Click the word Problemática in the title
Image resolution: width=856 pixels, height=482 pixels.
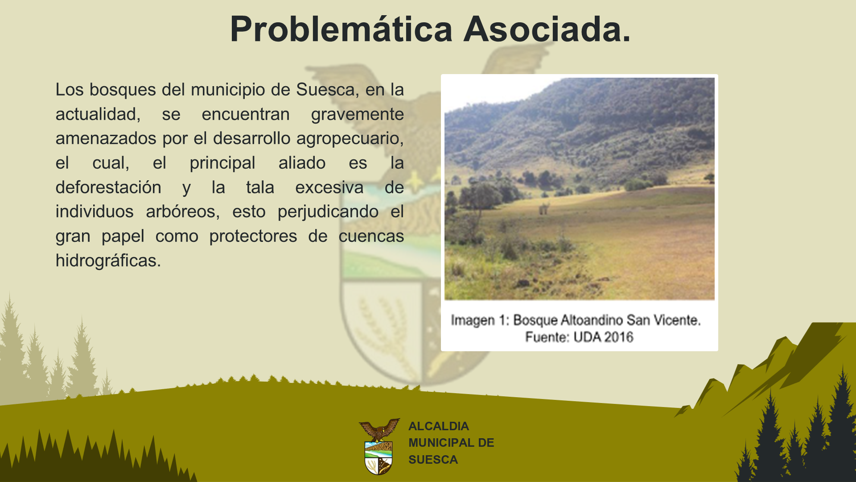[342, 29]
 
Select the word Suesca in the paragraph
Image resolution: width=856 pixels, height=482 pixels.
[325, 90]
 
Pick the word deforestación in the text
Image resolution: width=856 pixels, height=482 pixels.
[108, 187]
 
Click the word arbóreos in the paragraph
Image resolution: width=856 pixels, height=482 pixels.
[183, 212]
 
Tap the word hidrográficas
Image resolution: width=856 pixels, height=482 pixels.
[108, 261]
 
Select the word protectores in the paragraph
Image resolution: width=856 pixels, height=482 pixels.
[253, 237]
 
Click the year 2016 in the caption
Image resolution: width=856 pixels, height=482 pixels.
[618, 337]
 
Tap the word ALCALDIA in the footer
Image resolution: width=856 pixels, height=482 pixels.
[439, 426]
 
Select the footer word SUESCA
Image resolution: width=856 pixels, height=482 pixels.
[433, 460]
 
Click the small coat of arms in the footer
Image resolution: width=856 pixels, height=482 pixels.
[379, 447]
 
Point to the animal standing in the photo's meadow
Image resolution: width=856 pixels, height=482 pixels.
[544, 208]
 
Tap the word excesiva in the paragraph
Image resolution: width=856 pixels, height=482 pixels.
[329, 187]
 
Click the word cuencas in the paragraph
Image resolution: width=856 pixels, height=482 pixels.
[371, 237]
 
